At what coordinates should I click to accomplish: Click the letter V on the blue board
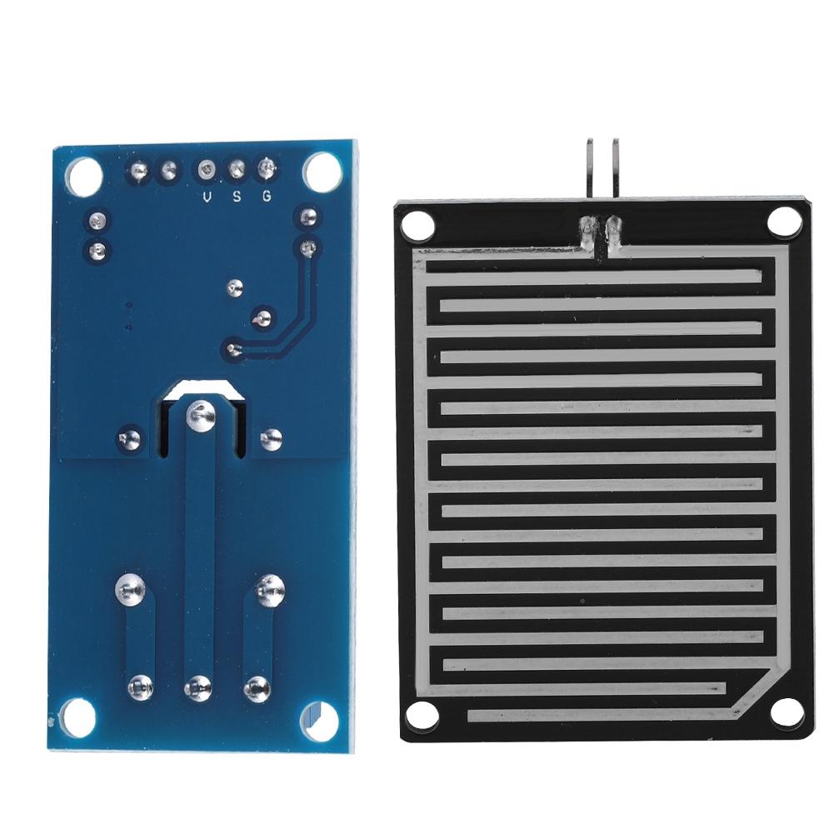207,197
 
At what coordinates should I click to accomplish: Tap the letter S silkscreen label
237,197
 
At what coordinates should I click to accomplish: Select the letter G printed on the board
267,197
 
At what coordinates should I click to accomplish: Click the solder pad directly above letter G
267,170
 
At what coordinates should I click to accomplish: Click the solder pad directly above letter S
236,171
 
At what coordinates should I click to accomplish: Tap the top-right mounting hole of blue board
320,172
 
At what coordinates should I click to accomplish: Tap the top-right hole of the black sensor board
783,220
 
